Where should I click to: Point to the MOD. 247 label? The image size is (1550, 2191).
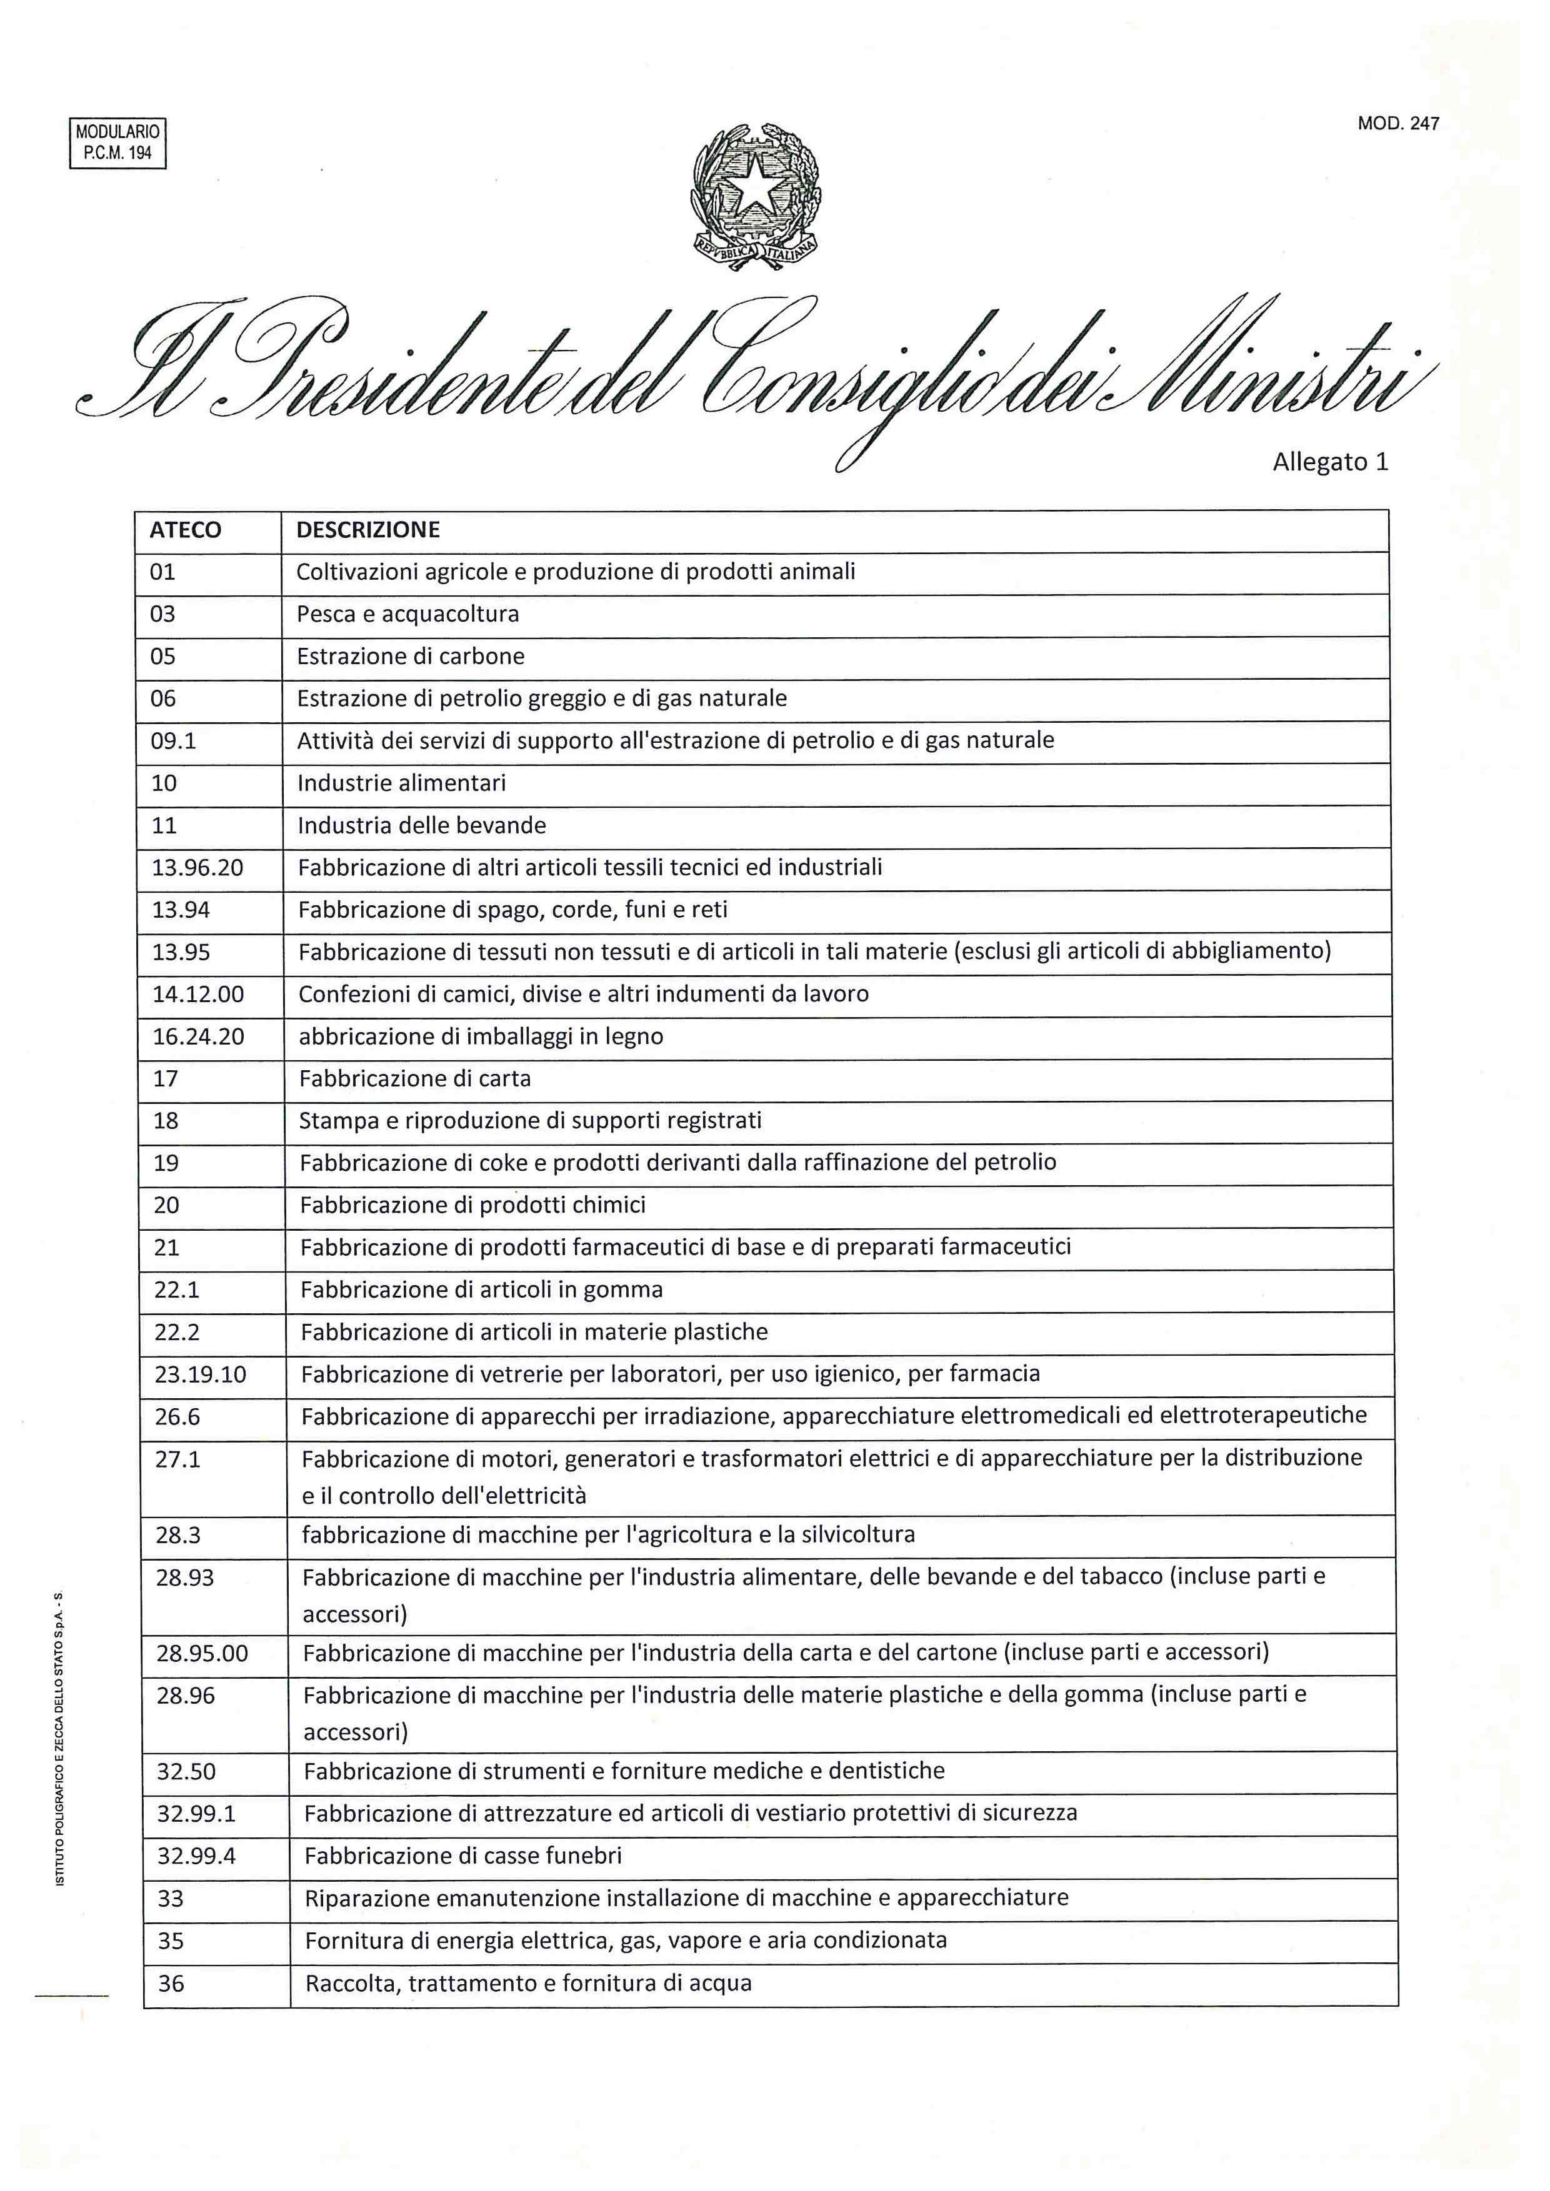click(x=1397, y=123)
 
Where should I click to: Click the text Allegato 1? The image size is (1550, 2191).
click(x=1329, y=462)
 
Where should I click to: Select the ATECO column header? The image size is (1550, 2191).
click(x=185, y=530)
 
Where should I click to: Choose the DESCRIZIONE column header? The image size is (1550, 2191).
click(x=367, y=530)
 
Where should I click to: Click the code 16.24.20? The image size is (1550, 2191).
click(x=199, y=1037)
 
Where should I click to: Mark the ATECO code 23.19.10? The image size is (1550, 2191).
click(x=201, y=1375)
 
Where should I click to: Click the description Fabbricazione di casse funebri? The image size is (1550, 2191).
click(x=463, y=1856)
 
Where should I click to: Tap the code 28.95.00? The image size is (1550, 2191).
click(x=202, y=1654)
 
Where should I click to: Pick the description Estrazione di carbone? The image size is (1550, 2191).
click(x=411, y=657)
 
